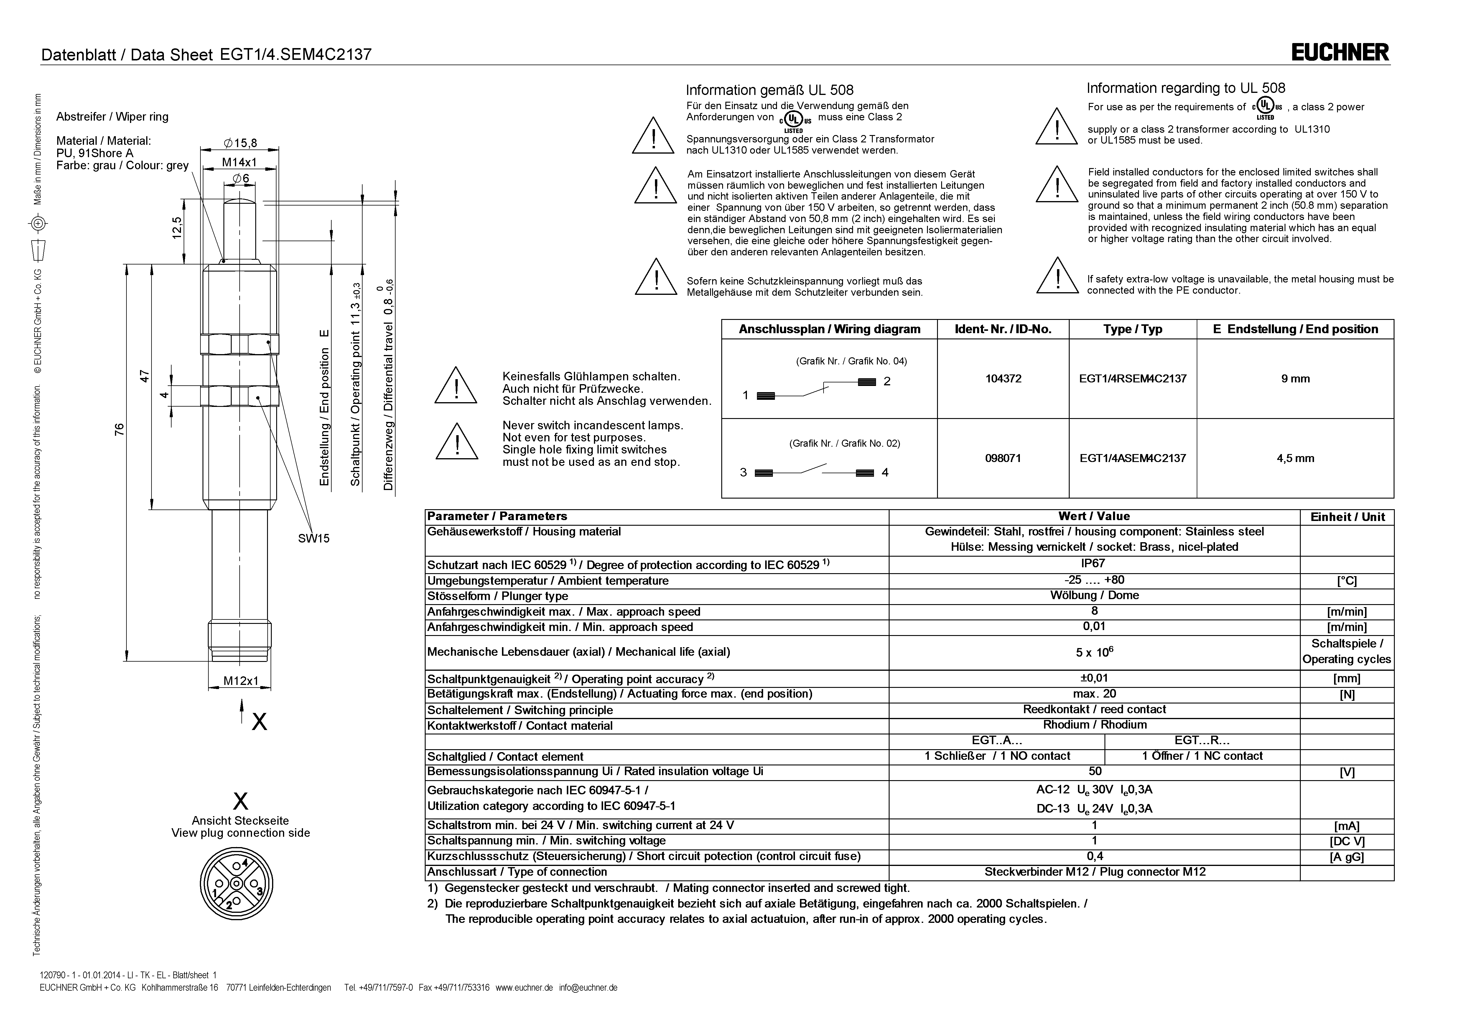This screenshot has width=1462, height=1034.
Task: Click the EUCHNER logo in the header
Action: click(1340, 52)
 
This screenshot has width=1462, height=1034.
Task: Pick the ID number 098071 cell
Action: click(1003, 458)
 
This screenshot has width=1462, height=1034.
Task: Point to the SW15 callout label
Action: click(314, 538)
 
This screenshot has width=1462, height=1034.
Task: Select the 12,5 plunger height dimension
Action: click(178, 227)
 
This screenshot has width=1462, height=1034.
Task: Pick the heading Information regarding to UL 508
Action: click(1186, 88)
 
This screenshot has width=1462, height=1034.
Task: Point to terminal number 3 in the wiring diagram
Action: click(743, 473)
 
